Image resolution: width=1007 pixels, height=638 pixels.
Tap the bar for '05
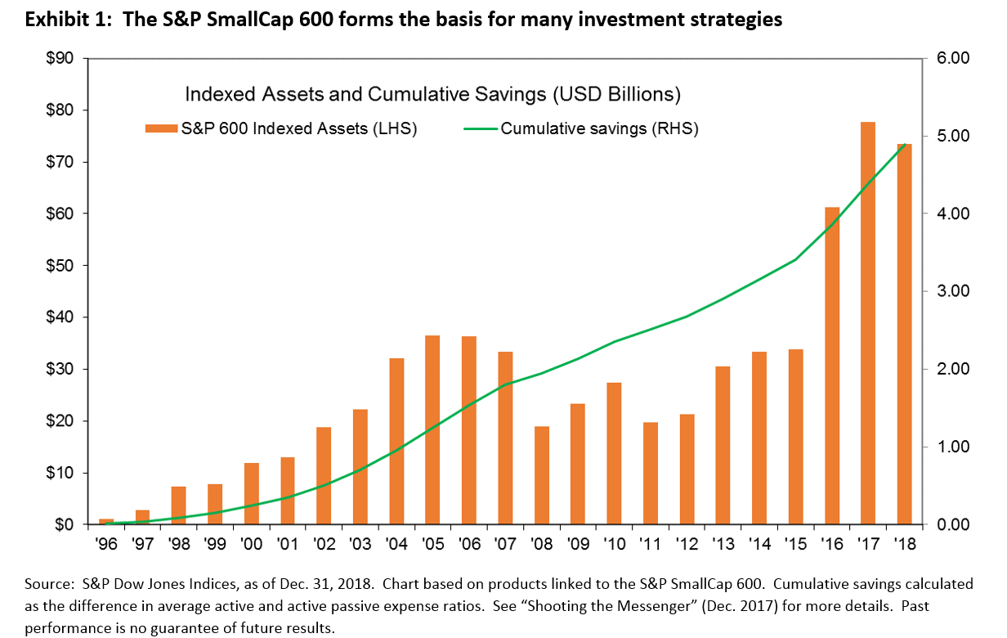point(432,429)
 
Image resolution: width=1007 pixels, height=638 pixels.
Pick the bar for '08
point(541,475)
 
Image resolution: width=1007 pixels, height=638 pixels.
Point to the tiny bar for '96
point(106,521)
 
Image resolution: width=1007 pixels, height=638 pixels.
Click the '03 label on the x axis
point(360,542)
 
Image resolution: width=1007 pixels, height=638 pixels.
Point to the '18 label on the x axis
point(903,542)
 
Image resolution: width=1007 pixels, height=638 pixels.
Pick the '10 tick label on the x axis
point(614,542)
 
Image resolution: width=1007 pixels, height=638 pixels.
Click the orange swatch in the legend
point(160,128)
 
